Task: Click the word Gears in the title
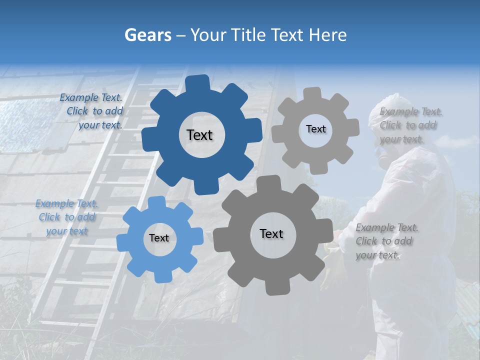tap(147, 35)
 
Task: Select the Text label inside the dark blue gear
tap(199, 135)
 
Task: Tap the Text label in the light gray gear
tap(315, 129)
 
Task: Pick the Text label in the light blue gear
tap(159, 238)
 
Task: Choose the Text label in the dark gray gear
tap(271, 234)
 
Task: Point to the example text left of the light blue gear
tap(67, 217)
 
